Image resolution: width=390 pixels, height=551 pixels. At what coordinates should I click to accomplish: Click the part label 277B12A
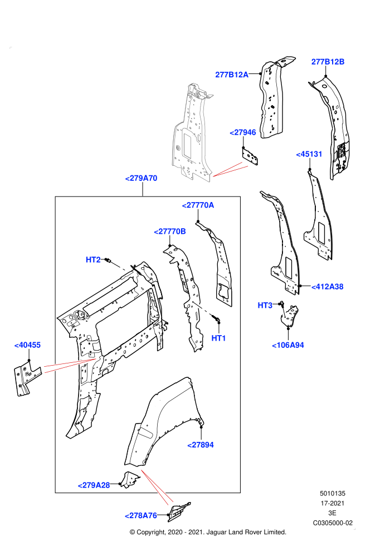point(232,75)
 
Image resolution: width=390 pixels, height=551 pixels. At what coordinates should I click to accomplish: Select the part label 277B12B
point(328,62)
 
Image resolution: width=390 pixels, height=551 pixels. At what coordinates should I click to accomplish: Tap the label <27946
point(243,132)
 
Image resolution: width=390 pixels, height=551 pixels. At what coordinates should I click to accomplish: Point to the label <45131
point(309,154)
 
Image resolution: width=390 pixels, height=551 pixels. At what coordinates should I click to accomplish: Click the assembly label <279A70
point(141,178)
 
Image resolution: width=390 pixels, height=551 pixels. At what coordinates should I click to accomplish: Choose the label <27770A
point(198,205)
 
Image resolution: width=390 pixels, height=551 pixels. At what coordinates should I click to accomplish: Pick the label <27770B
point(170,232)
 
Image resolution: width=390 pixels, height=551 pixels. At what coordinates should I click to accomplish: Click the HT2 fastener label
point(93,260)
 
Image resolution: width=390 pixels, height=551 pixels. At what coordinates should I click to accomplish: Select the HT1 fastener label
point(218,338)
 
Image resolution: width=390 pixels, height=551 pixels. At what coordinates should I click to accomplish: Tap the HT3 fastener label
point(265,306)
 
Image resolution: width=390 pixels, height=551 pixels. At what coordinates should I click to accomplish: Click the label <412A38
point(328,287)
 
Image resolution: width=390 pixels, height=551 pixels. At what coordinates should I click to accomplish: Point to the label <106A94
point(288,346)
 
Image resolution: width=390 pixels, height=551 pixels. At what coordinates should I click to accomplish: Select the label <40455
point(27,345)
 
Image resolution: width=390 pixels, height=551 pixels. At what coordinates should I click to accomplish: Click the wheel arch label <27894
point(201,445)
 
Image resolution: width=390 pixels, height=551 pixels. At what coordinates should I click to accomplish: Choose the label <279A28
point(94,485)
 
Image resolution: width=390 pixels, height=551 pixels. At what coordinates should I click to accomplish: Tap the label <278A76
point(141,515)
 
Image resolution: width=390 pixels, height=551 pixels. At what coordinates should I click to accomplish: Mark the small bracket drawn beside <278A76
point(179,512)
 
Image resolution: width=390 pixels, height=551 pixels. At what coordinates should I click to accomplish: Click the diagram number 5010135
point(333,493)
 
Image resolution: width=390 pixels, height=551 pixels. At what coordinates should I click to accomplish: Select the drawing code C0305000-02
point(333,523)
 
